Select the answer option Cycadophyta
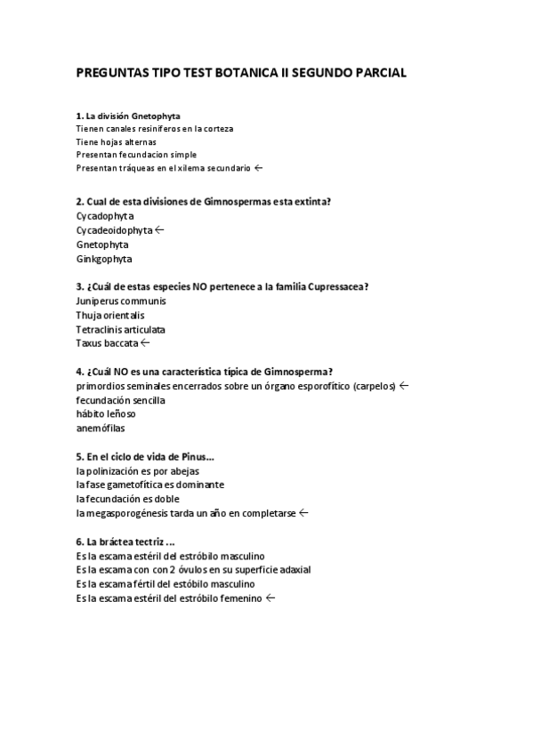(105, 215)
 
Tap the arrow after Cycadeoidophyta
(159, 229)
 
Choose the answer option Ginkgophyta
(104, 259)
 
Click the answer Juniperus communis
(121, 301)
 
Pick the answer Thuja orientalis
(110, 315)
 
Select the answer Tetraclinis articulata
(121, 329)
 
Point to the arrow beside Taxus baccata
(145, 342)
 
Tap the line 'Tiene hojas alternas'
(117, 141)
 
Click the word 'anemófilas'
(100, 428)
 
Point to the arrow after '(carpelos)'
(404, 385)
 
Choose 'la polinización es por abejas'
(138, 470)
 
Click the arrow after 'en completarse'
(303, 512)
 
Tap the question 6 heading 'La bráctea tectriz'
(125, 541)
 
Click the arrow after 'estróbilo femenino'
(271, 598)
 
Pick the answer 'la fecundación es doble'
(128, 499)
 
